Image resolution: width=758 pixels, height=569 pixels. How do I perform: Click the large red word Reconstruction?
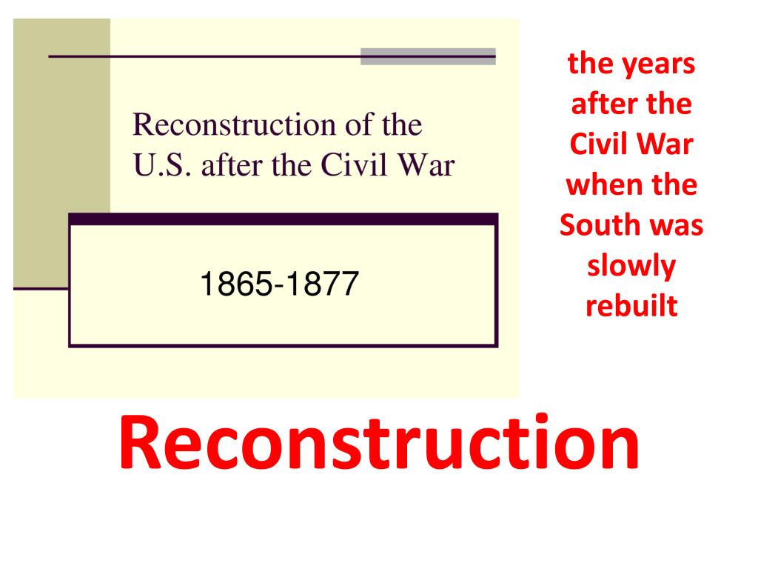point(378,442)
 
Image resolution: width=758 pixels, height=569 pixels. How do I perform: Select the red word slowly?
point(631,266)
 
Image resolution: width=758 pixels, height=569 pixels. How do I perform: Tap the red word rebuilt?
point(631,305)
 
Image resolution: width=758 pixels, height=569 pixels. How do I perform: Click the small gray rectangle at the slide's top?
point(428,57)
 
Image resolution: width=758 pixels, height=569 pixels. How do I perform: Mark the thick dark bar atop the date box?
point(283,219)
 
